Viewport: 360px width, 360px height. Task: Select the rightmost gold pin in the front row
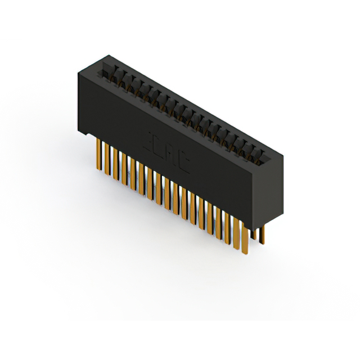(x=245, y=236)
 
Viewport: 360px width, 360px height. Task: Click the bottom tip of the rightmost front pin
(x=246, y=251)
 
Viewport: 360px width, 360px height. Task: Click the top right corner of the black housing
(x=281, y=152)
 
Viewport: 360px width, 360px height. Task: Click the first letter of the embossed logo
(x=154, y=140)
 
